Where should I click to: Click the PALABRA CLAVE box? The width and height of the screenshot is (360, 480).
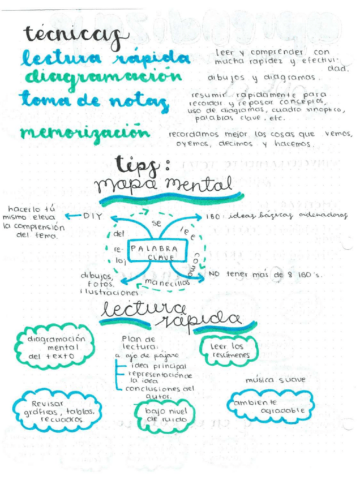[153, 252]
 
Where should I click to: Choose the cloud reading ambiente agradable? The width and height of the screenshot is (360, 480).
[269, 406]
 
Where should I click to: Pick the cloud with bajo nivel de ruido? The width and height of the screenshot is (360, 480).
[161, 414]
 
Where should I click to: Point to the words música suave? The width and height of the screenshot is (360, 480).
[267, 379]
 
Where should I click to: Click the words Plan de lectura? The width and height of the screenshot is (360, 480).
[136, 343]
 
